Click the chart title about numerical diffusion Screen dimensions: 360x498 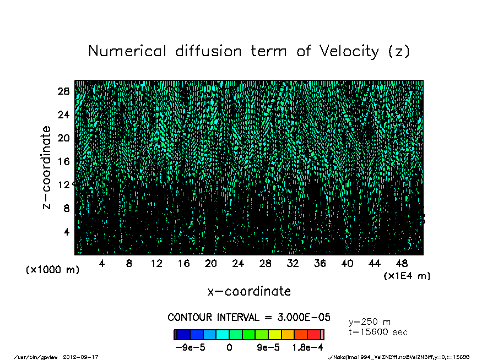[249, 51]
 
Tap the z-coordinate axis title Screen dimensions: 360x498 [47, 167]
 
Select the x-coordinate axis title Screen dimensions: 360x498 [249, 291]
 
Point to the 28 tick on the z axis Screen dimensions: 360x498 [63, 91]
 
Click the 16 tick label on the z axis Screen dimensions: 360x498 [63, 161]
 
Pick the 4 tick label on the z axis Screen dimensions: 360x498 [67, 232]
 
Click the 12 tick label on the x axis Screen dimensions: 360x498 [156, 264]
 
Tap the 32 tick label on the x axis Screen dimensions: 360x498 [293, 264]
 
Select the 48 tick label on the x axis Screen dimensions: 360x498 [402, 264]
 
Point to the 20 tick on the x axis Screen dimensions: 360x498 [211, 264]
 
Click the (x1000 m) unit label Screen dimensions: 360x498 [52, 270]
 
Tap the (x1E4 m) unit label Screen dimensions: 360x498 [407, 276]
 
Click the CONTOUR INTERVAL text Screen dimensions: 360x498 [249, 318]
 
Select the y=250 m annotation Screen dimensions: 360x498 [370, 322]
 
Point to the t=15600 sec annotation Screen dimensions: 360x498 [378, 332]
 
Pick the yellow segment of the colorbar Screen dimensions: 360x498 [275, 335]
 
